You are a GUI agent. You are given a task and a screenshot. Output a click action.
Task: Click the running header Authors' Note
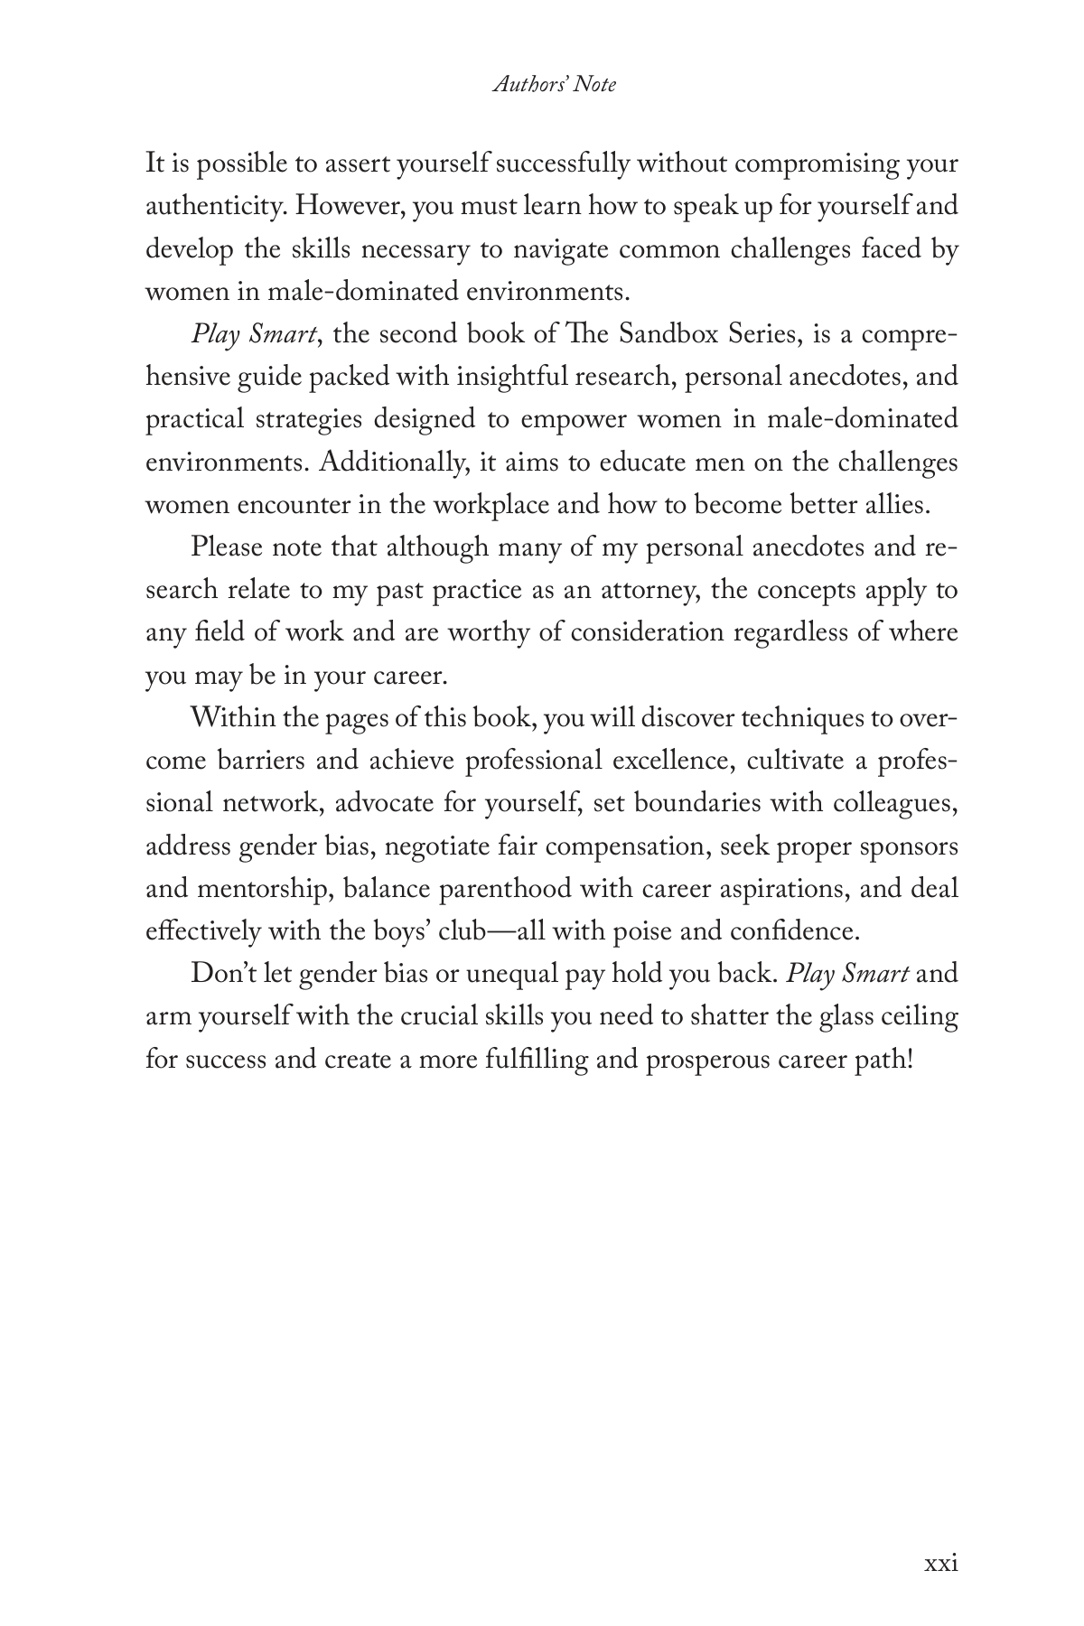pyautogui.click(x=555, y=85)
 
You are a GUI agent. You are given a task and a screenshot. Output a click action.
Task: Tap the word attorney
pyautogui.click(x=645, y=590)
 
